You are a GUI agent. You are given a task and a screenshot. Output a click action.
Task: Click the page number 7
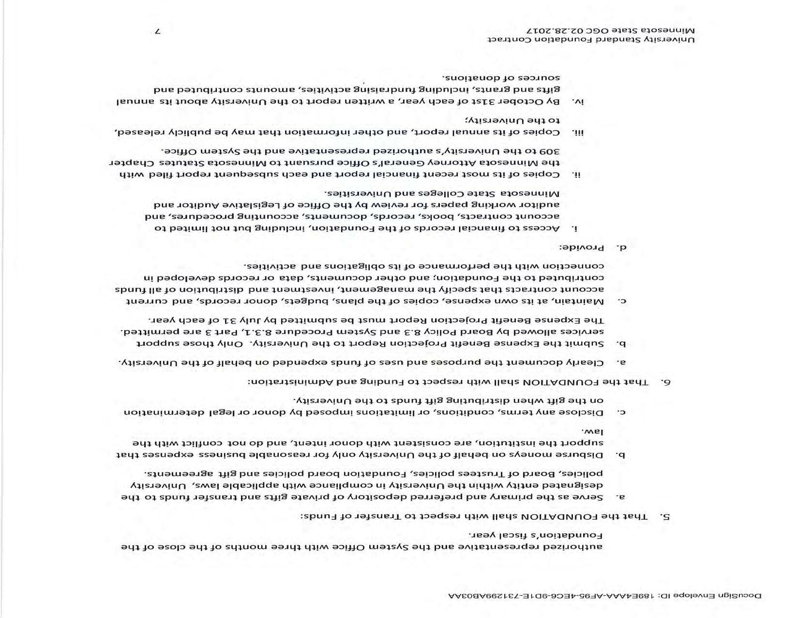[157, 31]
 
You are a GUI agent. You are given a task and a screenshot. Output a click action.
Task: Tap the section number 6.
[667, 382]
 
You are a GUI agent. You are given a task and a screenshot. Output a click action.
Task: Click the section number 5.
[667, 516]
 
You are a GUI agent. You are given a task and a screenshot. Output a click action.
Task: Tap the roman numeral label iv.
[577, 102]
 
